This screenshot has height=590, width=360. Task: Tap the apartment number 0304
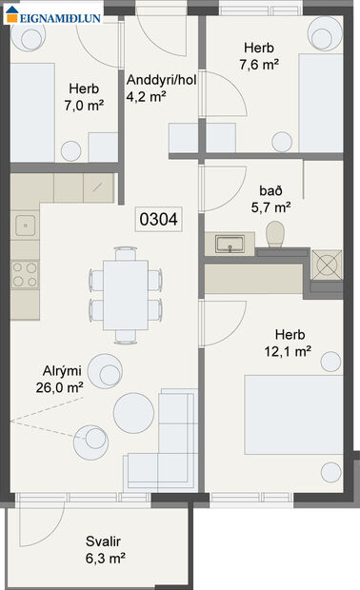tap(159, 218)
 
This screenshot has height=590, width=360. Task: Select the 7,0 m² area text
tap(83, 105)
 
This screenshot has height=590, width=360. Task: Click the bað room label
tap(271, 188)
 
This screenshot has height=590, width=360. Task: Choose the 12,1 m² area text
tap(290, 351)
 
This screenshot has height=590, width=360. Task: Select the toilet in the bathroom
tap(276, 235)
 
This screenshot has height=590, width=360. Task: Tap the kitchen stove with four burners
tap(25, 275)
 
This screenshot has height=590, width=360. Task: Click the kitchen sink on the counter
tap(25, 226)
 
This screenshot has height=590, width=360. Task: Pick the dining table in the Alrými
tap(125, 294)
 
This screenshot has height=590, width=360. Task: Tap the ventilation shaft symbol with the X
tap(330, 264)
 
